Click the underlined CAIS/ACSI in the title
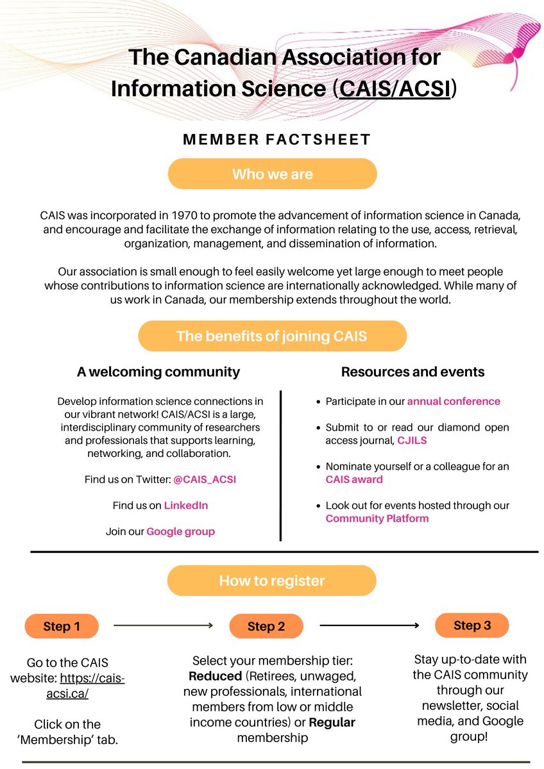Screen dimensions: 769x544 coord(396,88)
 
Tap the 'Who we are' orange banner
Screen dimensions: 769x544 coord(272,174)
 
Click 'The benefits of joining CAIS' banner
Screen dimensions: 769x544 coord(272,336)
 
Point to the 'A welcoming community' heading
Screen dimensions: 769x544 coord(158,372)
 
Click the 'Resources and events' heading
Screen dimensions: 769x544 coord(412,372)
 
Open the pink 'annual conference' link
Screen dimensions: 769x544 coord(454,401)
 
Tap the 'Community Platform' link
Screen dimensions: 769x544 coord(377,518)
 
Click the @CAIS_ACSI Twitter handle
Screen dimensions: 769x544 coord(200,479)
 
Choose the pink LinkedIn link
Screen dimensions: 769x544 coord(186,505)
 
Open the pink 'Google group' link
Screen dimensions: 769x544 coord(180,531)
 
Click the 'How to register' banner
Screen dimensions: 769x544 coord(272,581)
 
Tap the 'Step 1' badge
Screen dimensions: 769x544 coord(62,626)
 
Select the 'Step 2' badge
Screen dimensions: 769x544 coord(266,627)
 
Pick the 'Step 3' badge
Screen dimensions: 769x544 coord(472,625)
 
